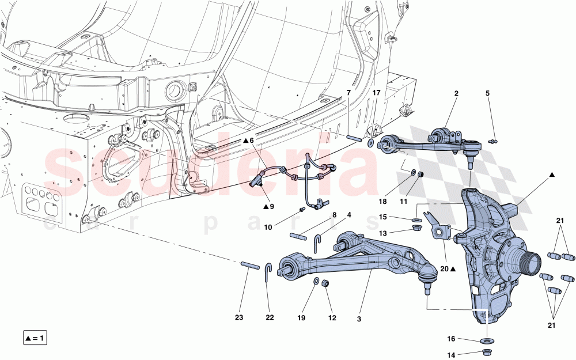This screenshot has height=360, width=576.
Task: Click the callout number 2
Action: click(456, 93)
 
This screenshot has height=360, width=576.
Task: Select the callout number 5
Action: click(487, 93)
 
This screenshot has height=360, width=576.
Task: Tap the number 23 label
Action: click(240, 317)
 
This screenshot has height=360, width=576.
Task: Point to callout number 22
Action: click(269, 317)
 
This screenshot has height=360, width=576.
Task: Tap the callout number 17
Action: click(376, 93)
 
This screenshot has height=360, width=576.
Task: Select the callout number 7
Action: click(348, 93)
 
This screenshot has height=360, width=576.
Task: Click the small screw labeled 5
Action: click(493, 141)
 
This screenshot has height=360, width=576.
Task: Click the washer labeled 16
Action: click(486, 340)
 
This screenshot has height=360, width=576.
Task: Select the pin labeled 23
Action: click(248, 265)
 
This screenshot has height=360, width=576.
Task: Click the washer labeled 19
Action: click(316, 281)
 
